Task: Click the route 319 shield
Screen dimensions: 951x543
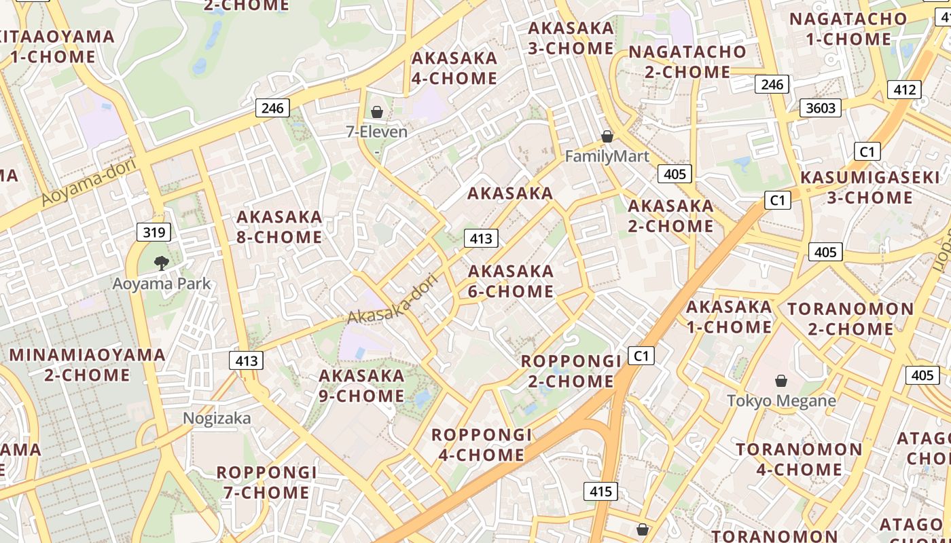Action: click(x=154, y=233)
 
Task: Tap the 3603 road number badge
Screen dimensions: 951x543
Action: click(x=821, y=107)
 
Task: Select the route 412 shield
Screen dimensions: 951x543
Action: click(x=904, y=89)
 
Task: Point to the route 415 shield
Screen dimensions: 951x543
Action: click(x=600, y=491)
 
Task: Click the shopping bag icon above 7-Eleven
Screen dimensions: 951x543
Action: click(x=376, y=111)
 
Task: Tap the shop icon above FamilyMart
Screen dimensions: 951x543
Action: click(x=607, y=136)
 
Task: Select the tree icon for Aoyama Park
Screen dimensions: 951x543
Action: click(x=161, y=263)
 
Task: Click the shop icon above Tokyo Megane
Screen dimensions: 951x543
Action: click(x=781, y=381)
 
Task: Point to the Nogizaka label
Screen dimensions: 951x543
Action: click(x=217, y=418)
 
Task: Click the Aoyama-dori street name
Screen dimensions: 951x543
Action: click(x=89, y=182)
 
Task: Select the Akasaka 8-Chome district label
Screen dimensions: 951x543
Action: click(x=279, y=227)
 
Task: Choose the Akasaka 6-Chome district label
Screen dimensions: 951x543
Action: click(x=511, y=281)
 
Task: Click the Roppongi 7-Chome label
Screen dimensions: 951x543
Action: click(x=266, y=482)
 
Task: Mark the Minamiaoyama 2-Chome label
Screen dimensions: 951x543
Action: click(x=87, y=364)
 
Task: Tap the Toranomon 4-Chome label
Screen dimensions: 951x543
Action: click(x=799, y=460)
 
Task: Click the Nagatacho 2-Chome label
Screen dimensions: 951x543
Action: click(x=687, y=62)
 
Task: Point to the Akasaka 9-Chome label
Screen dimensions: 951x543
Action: click(x=361, y=386)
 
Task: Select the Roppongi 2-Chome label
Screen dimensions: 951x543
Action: click(x=571, y=371)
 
